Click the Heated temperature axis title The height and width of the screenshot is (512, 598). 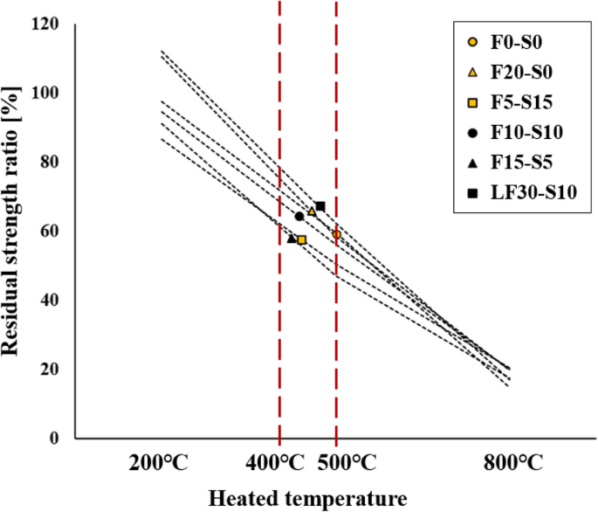tap(307, 499)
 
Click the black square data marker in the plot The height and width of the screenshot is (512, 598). tap(320, 206)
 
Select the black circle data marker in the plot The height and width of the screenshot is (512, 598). tap(299, 217)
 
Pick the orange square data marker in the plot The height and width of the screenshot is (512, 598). tap(302, 239)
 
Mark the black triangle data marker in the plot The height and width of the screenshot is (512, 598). tap(292, 238)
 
